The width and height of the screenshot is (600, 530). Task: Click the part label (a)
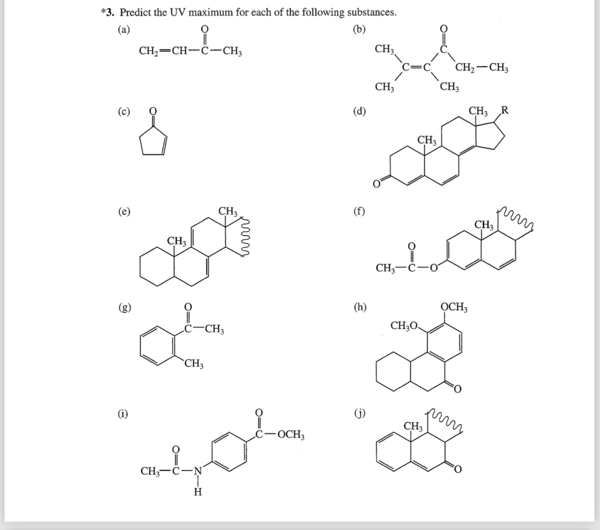pos(124,29)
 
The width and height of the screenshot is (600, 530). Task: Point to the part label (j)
pos(360,413)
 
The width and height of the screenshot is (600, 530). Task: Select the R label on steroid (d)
pos(505,111)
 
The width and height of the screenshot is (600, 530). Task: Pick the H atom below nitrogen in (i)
pos(198,492)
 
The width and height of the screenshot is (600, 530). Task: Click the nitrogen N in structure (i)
pos(198,471)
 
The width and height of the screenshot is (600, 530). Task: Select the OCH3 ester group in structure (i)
pos(290,436)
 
